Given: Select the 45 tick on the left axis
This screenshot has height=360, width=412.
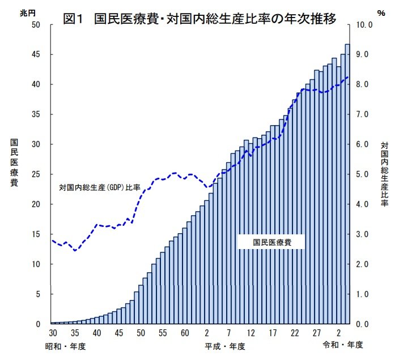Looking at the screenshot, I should click(36, 55).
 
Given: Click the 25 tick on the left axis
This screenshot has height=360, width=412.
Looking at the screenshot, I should click(36, 174).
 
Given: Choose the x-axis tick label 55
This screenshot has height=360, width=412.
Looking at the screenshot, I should click(163, 333).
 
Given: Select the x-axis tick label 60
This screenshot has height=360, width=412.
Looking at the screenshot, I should click(185, 333).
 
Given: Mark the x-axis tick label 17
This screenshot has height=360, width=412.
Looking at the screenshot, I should click(273, 333).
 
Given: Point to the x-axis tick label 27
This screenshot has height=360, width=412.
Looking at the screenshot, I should click(316, 333).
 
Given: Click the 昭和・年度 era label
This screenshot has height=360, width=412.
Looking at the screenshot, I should click(68, 345).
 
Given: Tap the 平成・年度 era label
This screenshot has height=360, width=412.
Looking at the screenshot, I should click(226, 345).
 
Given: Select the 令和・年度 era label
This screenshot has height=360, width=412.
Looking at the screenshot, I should click(343, 345).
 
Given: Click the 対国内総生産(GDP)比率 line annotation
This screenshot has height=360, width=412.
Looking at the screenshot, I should click(100, 186).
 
